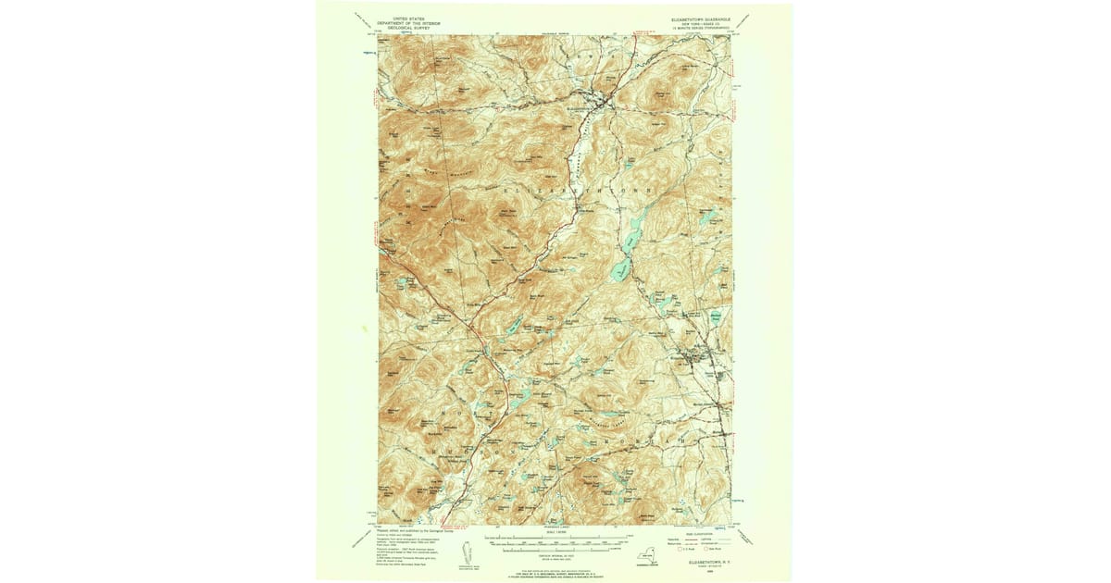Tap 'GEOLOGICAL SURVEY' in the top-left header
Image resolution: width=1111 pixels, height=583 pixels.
tap(413, 29)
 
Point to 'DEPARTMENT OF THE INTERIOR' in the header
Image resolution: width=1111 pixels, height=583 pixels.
tap(413, 23)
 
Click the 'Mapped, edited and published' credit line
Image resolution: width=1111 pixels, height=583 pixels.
tap(413, 533)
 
